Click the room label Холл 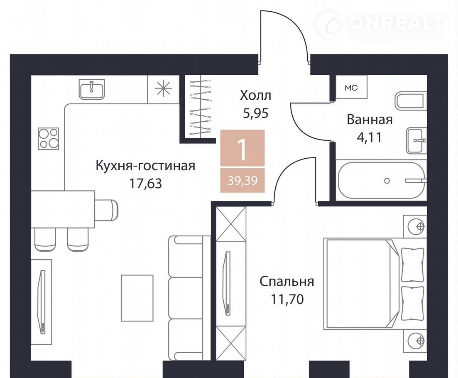coord(256,96)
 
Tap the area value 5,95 coord(256,113)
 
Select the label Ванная coord(370,120)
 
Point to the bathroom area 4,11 coord(370,137)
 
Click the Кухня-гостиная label coord(145,166)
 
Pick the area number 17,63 coord(145,184)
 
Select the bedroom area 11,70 coord(287,299)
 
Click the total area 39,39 coord(243,181)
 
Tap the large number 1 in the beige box coord(242,149)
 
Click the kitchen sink coord(91,89)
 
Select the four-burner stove coord(49,139)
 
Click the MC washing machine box coord(351,87)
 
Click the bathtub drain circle coord(387,181)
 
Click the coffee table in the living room coord(137,298)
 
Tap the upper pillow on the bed coord(412,264)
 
